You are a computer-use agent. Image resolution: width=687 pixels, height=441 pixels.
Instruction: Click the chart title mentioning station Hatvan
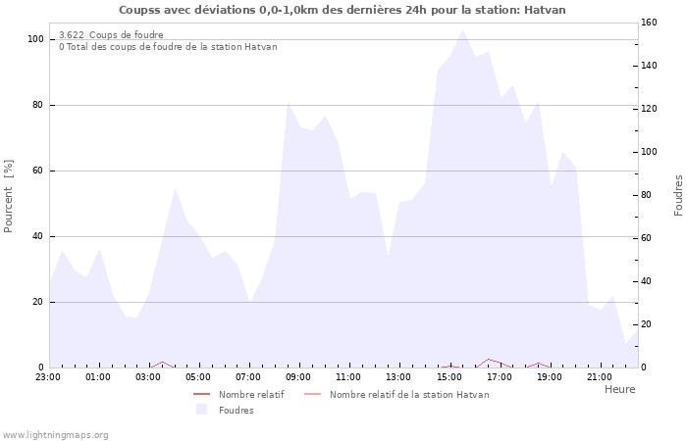pyautogui.click(x=343, y=10)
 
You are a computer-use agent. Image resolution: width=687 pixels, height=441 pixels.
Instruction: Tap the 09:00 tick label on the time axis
pyautogui.click(x=298, y=376)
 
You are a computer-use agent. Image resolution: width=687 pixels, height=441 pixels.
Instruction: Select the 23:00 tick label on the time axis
pyautogui.click(x=48, y=376)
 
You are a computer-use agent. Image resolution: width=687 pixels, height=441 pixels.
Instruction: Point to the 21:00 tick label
pyautogui.click(x=600, y=376)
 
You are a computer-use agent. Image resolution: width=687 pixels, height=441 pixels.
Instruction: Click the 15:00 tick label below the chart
pyautogui.click(x=449, y=376)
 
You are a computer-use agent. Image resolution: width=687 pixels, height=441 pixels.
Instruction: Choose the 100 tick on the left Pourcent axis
pyautogui.click(x=35, y=39)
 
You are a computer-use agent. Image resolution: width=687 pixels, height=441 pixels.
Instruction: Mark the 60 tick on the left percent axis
pyautogui.click(x=38, y=171)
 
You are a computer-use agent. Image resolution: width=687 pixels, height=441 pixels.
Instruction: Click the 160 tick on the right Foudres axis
pyautogui.click(x=650, y=22)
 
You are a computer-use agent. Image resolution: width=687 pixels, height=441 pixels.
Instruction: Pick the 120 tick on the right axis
pyautogui.click(x=650, y=109)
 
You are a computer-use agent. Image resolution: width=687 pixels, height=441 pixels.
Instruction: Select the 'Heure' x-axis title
pyautogui.click(x=619, y=389)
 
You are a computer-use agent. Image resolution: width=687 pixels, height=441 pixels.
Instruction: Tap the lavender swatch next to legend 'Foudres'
pyautogui.click(x=202, y=410)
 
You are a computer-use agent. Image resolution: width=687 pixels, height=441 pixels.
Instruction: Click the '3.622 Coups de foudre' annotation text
pyautogui.click(x=111, y=35)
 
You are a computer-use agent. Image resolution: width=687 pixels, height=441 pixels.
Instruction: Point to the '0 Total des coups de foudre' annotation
pyautogui.click(x=168, y=47)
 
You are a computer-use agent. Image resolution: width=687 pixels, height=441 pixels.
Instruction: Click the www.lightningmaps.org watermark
pyautogui.click(x=55, y=434)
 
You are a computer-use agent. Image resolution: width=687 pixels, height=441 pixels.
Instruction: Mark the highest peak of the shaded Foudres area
pyautogui.click(x=462, y=29)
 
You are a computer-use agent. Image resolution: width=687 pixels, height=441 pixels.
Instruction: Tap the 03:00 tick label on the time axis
pyautogui.click(x=148, y=376)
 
